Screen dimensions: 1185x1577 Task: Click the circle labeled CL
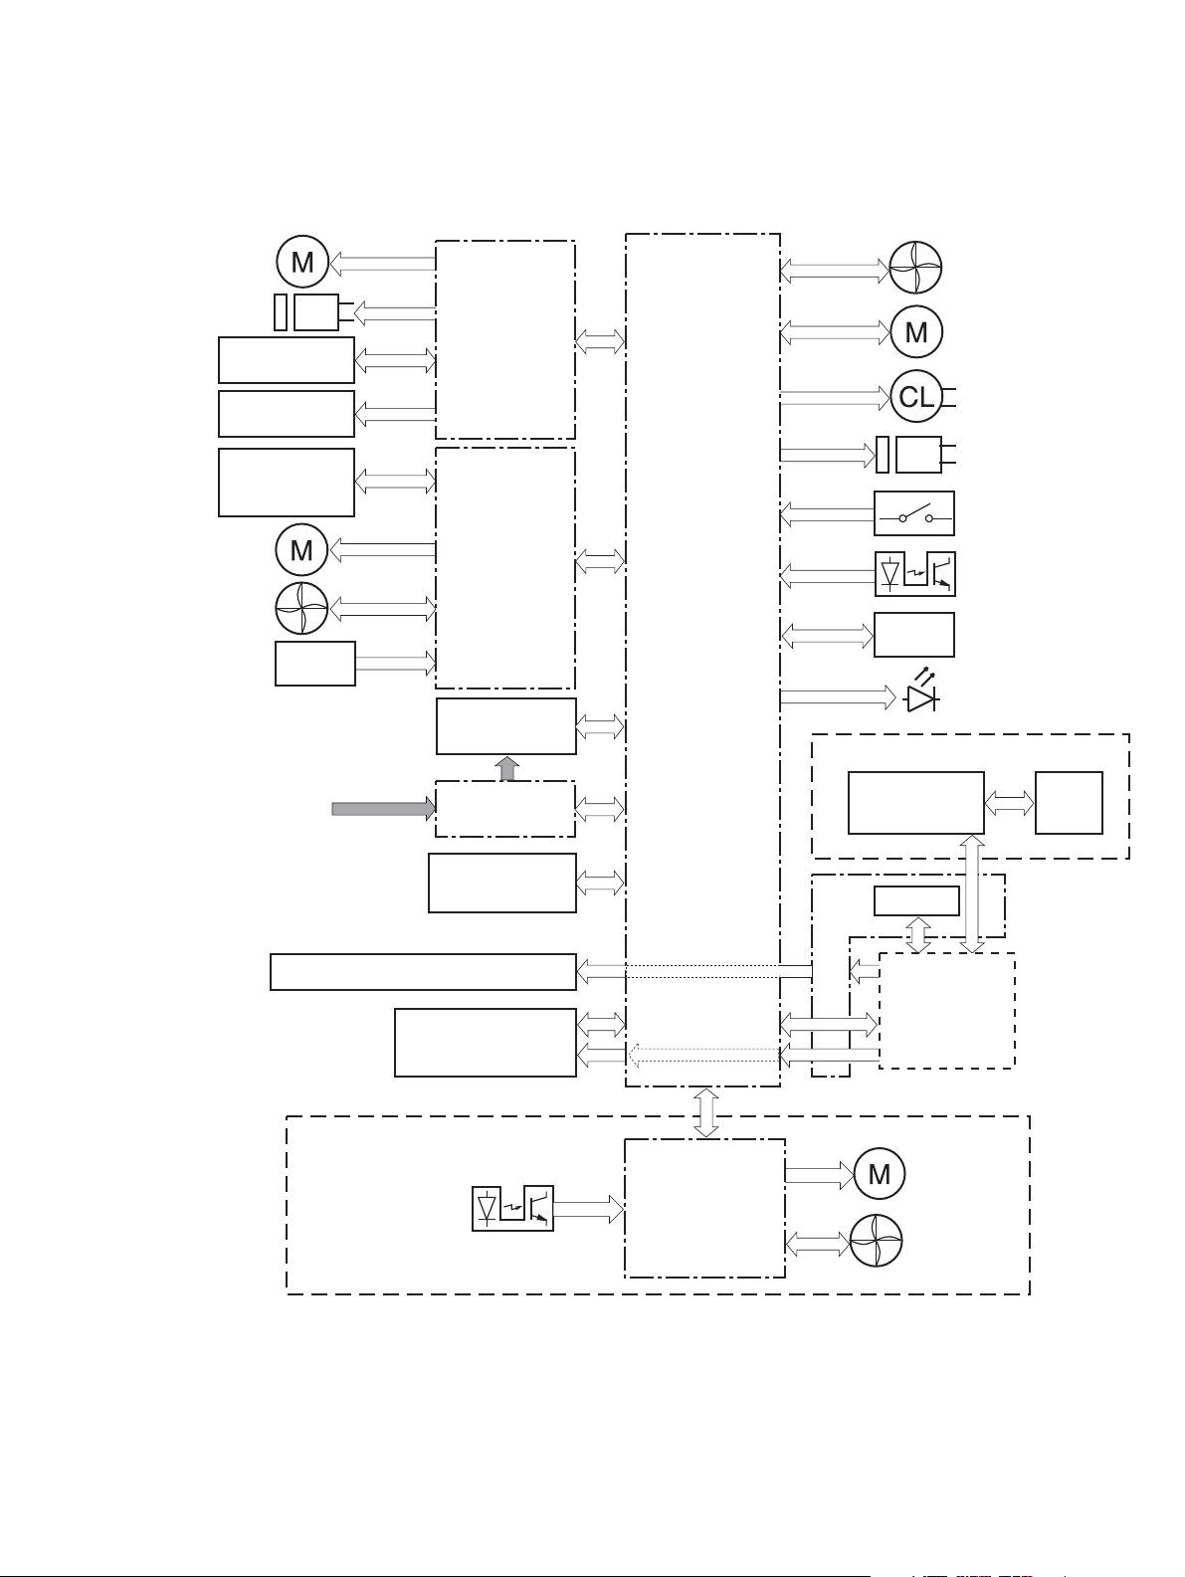click(x=916, y=396)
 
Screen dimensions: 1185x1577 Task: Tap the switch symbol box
click(x=914, y=513)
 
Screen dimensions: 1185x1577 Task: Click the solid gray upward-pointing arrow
click(x=507, y=768)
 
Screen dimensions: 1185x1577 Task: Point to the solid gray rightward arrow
click(x=383, y=808)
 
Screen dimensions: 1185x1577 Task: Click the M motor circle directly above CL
click(x=916, y=331)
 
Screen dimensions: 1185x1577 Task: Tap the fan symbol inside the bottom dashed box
click(x=877, y=1241)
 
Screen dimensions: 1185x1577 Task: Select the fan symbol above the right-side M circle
click(x=915, y=268)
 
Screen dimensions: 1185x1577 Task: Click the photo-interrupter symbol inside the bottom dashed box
click(x=512, y=1208)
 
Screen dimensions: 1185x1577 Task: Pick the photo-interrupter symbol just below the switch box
click(x=915, y=573)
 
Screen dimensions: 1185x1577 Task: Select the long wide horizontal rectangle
click(x=423, y=971)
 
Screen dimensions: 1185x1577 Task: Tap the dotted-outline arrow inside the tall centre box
click(x=703, y=1056)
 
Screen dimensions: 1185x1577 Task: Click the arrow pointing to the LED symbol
click(x=838, y=696)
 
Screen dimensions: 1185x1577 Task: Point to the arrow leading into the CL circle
click(x=835, y=397)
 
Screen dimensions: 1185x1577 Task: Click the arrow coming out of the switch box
click(x=827, y=513)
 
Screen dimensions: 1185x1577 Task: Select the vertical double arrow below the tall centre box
click(x=706, y=1112)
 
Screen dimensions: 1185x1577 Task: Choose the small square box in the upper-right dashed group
click(x=1069, y=803)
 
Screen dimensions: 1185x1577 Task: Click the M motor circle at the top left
click(x=302, y=262)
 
